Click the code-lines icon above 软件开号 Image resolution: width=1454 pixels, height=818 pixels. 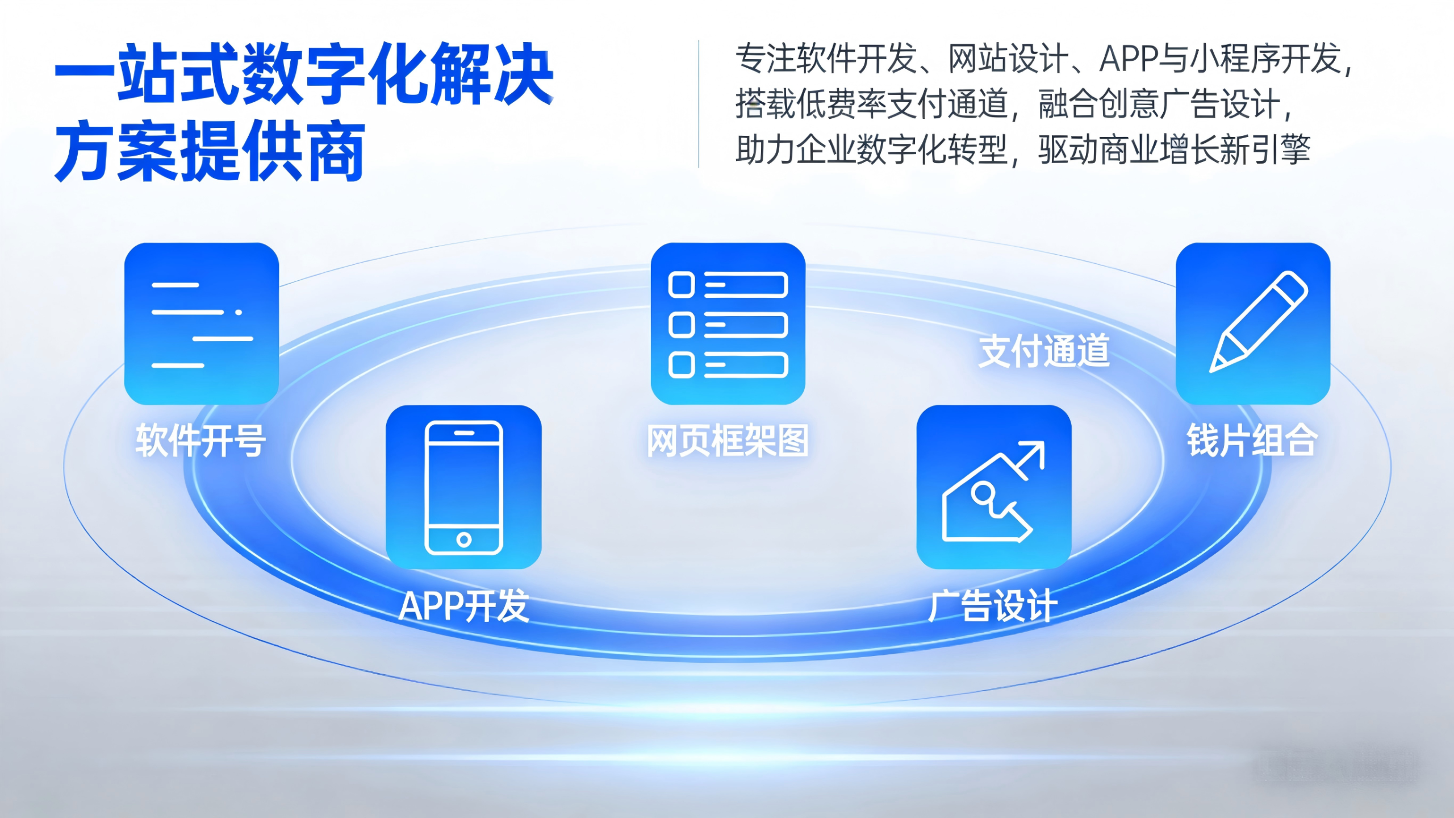click(x=202, y=323)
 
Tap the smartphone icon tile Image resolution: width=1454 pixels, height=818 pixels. click(x=463, y=487)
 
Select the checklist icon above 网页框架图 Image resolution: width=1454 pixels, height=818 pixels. click(x=728, y=323)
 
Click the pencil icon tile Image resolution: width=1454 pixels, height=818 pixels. click(x=1253, y=323)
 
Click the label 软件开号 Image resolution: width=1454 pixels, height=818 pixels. click(x=200, y=441)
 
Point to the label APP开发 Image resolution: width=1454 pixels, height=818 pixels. click(x=464, y=606)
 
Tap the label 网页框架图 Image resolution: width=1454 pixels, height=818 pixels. click(x=728, y=441)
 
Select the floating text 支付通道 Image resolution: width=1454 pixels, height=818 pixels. click(x=1044, y=351)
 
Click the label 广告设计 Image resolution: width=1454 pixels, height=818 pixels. click(x=993, y=606)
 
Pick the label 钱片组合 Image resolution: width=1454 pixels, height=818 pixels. click(x=1252, y=441)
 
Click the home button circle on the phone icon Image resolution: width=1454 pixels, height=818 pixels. click(x=464, y=539)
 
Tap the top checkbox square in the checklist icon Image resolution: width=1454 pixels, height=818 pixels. click(x=682, y=285)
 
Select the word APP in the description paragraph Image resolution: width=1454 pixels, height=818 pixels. click(x=1129, y=59)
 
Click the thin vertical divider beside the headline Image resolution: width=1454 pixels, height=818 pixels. click(x=699, y=104)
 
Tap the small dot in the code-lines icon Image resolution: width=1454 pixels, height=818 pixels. click(x=239, y=312)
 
